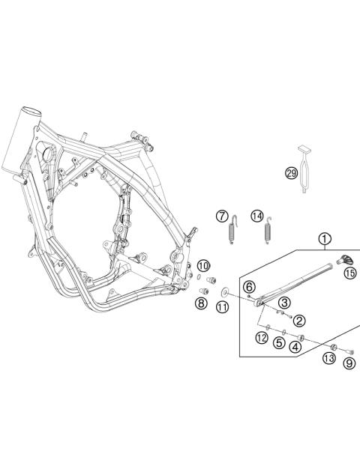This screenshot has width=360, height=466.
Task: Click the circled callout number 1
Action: pyautogui.click(x=324, y=240)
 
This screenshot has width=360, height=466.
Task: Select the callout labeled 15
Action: pyautogui.click(x=349, y=273)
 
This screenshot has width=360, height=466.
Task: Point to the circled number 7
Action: pyautogui.click(x=222, y=217)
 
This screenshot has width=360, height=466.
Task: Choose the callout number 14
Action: pyautogui.click(x=257, y=217)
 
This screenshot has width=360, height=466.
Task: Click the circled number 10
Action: pyautogui.click(x=203, y=266)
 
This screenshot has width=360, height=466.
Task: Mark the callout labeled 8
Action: pyautogui.click(x=201, y=303)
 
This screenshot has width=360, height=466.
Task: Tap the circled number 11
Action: pyautogui.click(x=222, y=307)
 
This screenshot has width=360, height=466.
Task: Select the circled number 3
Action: pyautogui.click(x=284, y=302)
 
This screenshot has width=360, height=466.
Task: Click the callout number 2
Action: pyautogui.click(x=299, y=321)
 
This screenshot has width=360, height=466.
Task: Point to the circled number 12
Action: pyautogui.click(x=261, y=338)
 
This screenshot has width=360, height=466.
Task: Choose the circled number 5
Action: pyautogui.click(x=278, y=343)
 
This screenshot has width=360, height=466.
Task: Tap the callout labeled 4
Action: pyautogui.click(x=296, y=346)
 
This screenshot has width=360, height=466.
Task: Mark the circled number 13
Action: pyautogui.click(x=329, y=359)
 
